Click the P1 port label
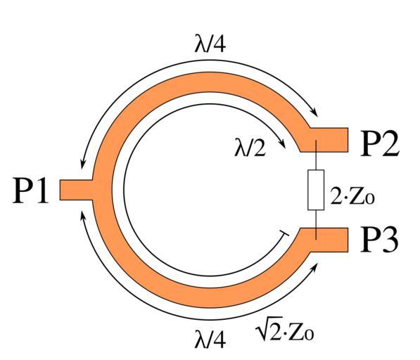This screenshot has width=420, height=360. (x=30, y=190)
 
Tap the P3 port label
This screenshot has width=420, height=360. (x=379, y=239)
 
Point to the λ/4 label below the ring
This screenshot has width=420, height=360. (x=210, y=339)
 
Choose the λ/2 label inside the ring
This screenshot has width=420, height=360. (x=250, y=148)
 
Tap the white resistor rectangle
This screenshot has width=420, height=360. (x=316, y=190)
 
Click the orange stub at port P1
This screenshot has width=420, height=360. (x=77, y=190)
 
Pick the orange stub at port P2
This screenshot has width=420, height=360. (x=329, y=140)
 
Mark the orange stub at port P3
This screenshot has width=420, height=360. (x=329, y=240)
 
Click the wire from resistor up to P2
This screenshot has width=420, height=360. (x=316, y=155)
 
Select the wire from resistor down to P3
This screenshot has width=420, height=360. (x=316, y=225)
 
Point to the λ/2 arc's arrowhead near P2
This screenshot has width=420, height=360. (x=282, y=143)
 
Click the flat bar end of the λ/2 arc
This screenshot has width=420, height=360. (x=284, y=233)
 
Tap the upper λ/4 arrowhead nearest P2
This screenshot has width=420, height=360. (x=314, y=112)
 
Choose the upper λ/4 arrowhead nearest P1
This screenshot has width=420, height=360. (x=82, y=164)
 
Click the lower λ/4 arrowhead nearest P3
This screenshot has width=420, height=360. (x=315, y=267)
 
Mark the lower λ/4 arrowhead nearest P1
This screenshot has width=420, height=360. (x=83, y=214)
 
